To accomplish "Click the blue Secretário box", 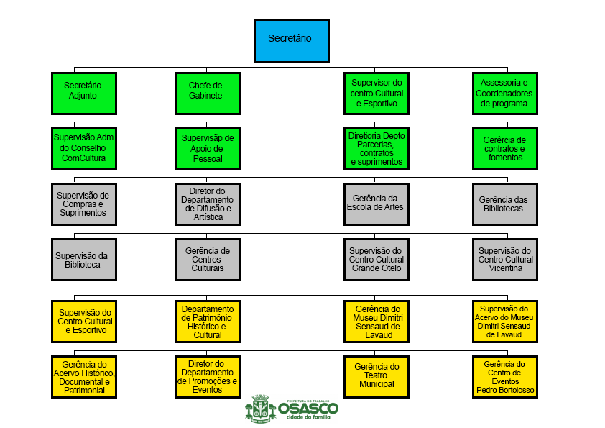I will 291,40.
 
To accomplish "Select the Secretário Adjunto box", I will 84,93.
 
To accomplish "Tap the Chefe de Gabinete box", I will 208,93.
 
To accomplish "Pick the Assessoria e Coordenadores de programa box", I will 506,93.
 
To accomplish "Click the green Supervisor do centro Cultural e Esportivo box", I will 377,93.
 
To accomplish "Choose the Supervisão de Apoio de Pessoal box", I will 208,148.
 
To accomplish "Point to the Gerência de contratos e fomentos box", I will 506,148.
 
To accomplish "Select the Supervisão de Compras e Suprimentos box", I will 84,204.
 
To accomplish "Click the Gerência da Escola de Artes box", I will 377,204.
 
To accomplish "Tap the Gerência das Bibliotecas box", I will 506,204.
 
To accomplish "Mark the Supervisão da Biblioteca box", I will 84,259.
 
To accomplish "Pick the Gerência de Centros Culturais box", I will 208,259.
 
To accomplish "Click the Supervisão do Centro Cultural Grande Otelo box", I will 377,259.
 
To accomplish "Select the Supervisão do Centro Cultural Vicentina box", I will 506,259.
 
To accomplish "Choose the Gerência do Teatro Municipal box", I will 377,376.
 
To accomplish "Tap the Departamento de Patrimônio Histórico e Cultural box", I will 208,321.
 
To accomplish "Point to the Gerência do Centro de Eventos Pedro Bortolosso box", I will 506,376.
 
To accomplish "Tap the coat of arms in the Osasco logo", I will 259,407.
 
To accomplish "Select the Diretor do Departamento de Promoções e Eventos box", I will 208,376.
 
